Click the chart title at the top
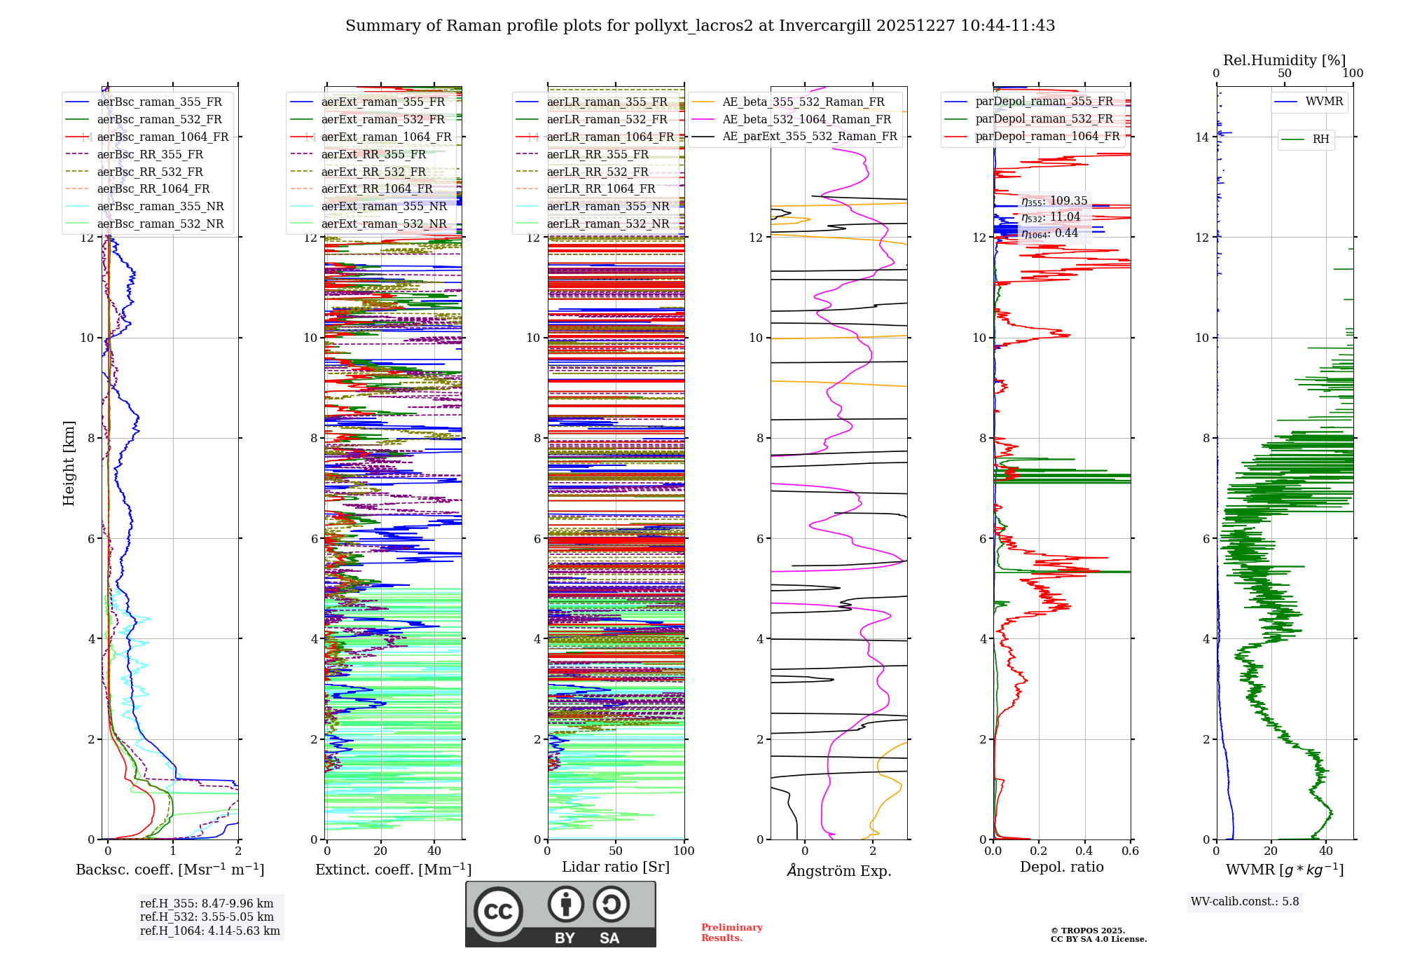700,26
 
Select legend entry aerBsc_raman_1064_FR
162,137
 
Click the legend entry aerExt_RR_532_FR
373,172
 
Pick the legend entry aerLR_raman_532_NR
607,224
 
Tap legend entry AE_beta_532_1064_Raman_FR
806,119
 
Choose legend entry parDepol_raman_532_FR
1044,119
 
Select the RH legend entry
1320,139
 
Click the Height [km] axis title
69,463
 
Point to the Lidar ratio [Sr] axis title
616,868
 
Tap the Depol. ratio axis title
1061,868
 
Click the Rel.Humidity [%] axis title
1284,60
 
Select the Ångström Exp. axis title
839,871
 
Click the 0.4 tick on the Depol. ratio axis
1084,851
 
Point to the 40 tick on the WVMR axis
1325,851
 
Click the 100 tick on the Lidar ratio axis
684,851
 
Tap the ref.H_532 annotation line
207,917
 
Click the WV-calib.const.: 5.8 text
1245,902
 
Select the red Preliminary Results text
731,933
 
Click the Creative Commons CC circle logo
498,912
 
